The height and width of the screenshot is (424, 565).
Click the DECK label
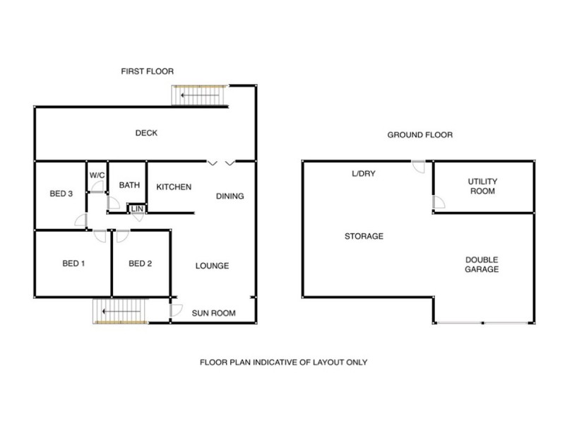(x=146, y=133)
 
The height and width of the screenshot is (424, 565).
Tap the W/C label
(x=97, y=175)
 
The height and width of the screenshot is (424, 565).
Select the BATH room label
(x=129, y=185)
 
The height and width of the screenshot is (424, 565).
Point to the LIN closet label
(x=137, y=209)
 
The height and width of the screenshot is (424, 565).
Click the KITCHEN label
(x=174, y=187)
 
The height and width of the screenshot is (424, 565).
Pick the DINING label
(x=230, y=196)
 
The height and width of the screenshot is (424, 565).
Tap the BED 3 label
(x=61, y=194)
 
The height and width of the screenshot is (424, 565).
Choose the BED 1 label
(x=73, y=264)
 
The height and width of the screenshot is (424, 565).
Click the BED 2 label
(x=140, y=264)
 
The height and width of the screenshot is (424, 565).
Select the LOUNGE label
(x=213, y=266)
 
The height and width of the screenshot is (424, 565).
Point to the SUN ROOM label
(x=214, y=313)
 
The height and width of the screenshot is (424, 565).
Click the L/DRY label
(x=364, y=173)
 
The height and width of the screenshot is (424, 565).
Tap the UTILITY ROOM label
(x=482, y=186)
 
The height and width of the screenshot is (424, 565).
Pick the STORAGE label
(x=364, y=236)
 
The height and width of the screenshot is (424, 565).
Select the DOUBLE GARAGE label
(x=482, y=264)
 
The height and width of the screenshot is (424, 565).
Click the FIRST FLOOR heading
(x=148, y=71)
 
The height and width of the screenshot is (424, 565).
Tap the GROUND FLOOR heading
(x=420, y=135)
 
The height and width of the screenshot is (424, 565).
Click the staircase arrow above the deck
(x=200, y=95)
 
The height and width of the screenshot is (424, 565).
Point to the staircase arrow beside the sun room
(x=121, y=311)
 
